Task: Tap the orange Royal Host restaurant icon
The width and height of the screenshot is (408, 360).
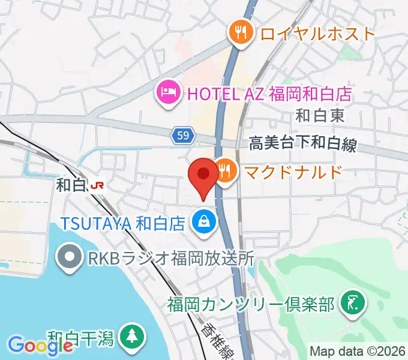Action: [x=241, y=32]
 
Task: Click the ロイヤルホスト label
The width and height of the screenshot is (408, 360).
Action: [x=317, y=33]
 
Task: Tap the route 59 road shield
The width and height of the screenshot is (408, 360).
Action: [x=184, y=137]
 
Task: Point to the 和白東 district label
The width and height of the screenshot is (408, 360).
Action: [x=321, y=115]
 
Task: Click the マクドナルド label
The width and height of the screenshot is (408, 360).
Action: [x=293, y=172]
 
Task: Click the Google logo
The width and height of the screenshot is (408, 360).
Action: [x=32, y=345]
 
